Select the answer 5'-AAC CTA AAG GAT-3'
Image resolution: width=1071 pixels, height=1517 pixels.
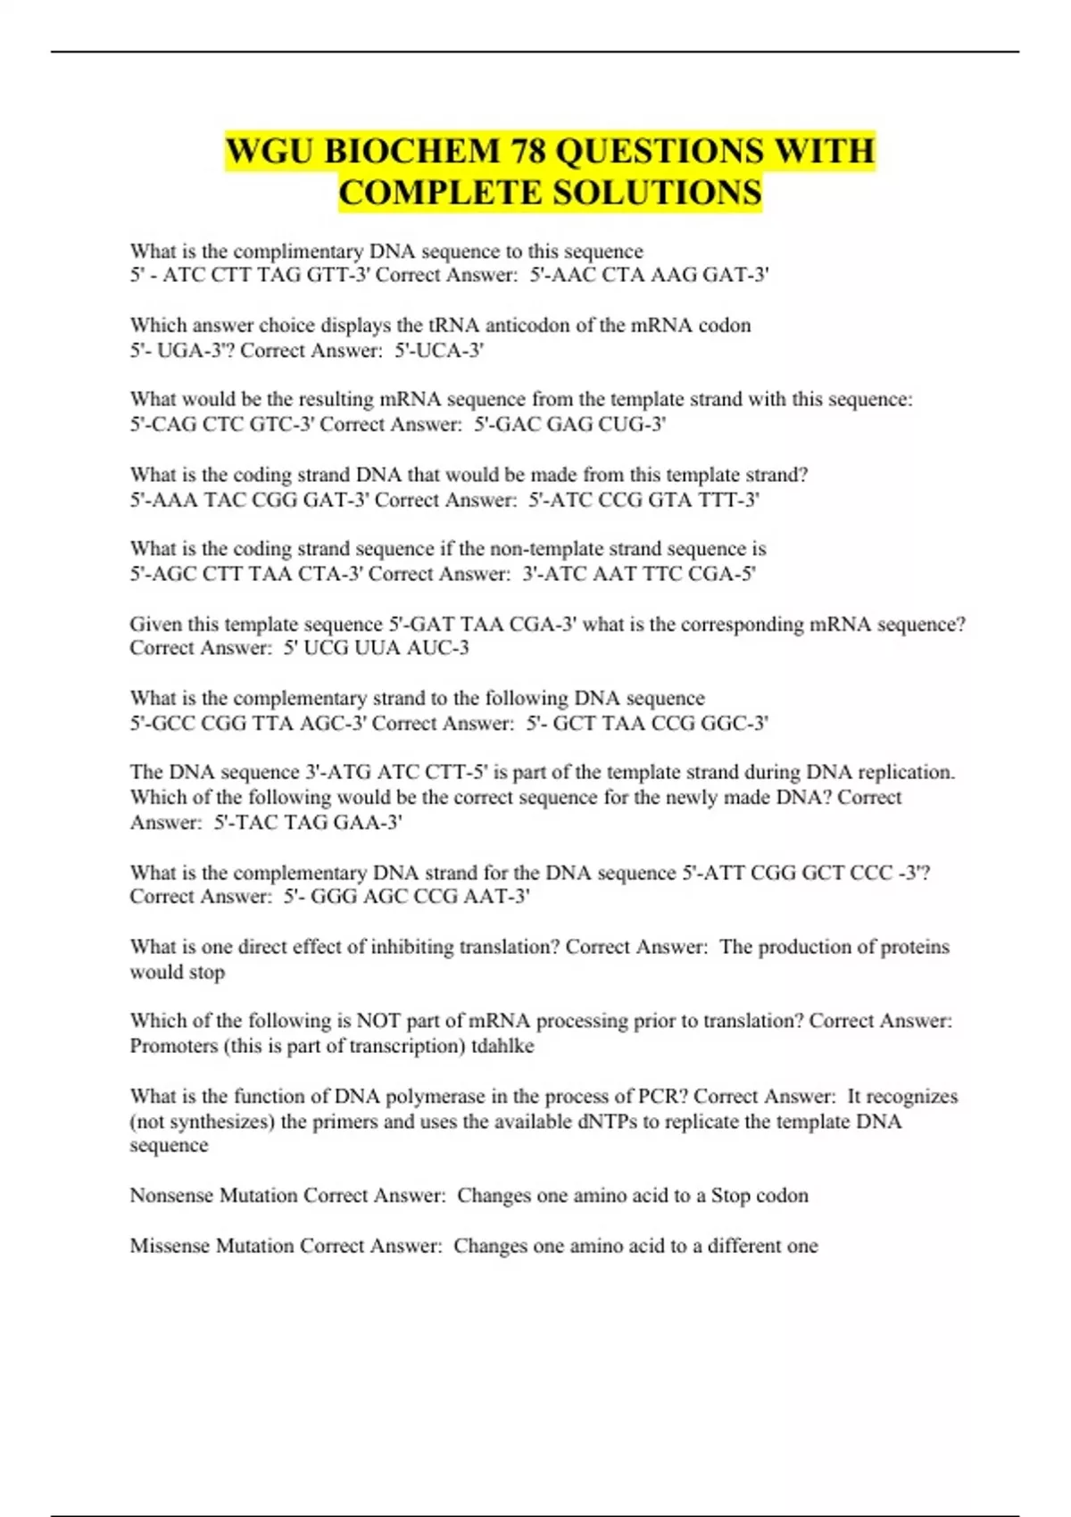point(649,275)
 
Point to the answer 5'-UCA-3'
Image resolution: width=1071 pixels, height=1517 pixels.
point(439,350)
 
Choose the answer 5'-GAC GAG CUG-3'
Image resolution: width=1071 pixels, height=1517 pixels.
point(569,424)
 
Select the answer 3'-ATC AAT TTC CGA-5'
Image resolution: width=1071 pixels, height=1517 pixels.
point(639,574)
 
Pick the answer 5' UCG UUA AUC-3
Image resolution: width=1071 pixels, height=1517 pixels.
point(376,648)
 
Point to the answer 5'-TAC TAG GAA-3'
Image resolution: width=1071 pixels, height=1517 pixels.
point(308,822)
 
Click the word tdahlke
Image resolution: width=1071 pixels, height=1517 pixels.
point(502,1046)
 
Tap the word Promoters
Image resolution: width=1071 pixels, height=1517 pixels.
point(174,1046)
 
